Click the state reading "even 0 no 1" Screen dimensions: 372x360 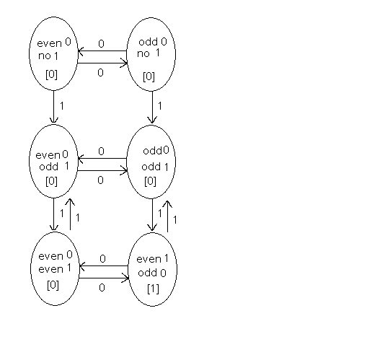[x=53, y=53]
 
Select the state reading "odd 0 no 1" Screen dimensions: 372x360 [x=151, y=54]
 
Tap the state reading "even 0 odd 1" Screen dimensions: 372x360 [x=53, y=161]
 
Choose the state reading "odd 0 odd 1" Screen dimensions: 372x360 [x=151, y=162]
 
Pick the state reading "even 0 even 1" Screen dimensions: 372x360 [x=55, y=268]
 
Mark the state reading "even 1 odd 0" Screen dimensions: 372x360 [x=153, y=269]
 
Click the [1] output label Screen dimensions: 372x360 [x=153, y=289]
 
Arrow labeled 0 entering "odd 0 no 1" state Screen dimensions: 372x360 [x=102, y=63]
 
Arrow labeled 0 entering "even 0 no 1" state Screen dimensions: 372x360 [x=102, y=51]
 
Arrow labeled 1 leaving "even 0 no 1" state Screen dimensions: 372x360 [x=53, y=107]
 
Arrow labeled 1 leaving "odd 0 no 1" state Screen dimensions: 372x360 [x=152, y=107]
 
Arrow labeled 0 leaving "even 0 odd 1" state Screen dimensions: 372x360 [x=102, y=171]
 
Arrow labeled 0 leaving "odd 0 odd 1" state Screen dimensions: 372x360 [x=102, y=159]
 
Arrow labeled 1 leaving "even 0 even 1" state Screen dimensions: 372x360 [x=70, y=214]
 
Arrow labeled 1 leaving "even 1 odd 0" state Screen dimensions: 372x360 [x=167, y=216]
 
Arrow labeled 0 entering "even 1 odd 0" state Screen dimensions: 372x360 [x=104, y=278]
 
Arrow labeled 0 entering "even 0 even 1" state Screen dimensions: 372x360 [x=104, y=266]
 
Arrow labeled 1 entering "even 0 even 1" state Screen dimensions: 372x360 [x=53, y=214]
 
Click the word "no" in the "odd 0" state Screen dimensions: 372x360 [x=143, y=54]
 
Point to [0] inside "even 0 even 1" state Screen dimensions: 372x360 [x=53, y=286]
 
